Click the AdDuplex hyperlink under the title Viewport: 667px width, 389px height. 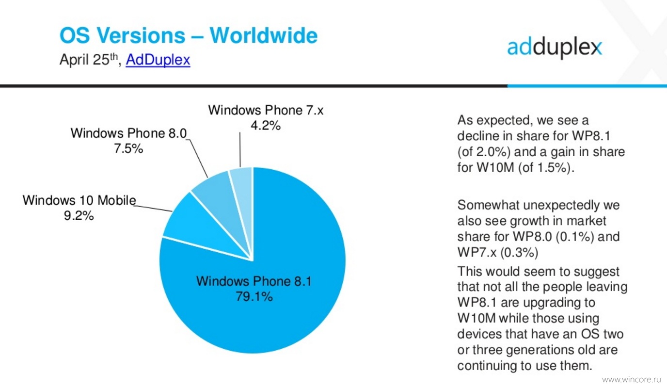point(158,60)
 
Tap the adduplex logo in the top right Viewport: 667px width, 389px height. point(555,48)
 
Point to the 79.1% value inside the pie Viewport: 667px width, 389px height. point(254,297)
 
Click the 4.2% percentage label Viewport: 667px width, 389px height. point(266,126)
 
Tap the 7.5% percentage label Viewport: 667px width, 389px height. point(128,148)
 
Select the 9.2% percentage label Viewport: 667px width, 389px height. point(79,215)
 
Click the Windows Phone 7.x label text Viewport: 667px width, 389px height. point(266,110)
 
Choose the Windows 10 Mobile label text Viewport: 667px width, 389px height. point(79,200)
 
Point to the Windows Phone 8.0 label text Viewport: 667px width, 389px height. point(128,133)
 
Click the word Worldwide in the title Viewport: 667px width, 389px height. point(264,35)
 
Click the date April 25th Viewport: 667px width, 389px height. point(89,59)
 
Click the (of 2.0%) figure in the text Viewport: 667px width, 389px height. point(484,152)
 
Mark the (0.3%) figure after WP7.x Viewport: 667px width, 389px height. point(519,253)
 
